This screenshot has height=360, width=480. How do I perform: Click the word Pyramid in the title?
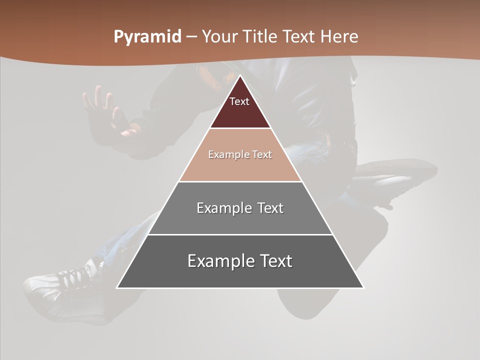click(x=147, y=37)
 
